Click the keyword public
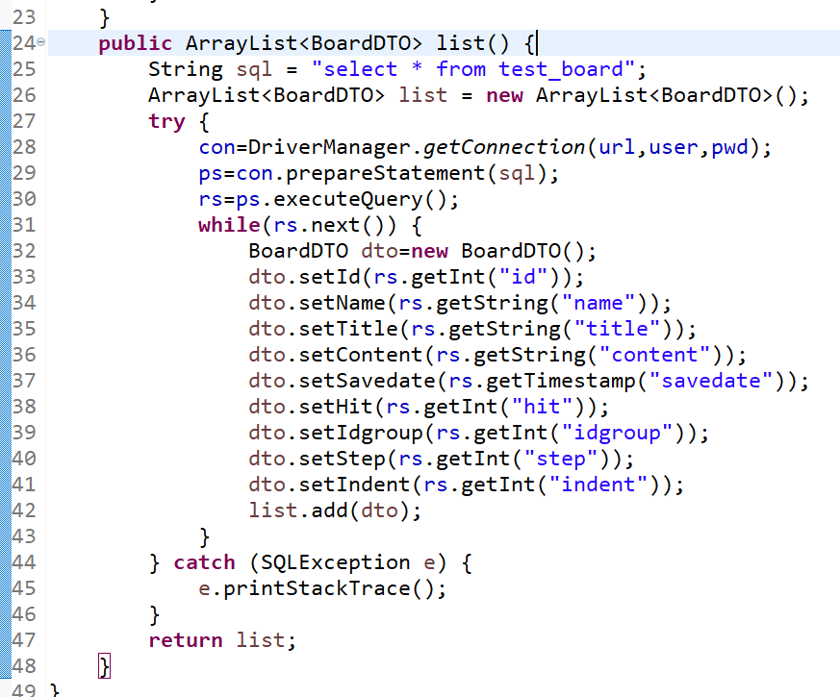(135, 43)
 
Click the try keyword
(166, 121)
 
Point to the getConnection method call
(503, 147)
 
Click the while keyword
(229, 225)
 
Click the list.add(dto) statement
(335, 510)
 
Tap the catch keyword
(204, 562)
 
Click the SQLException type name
(335, 562)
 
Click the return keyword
(185, 640)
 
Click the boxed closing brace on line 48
(106, 665)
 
